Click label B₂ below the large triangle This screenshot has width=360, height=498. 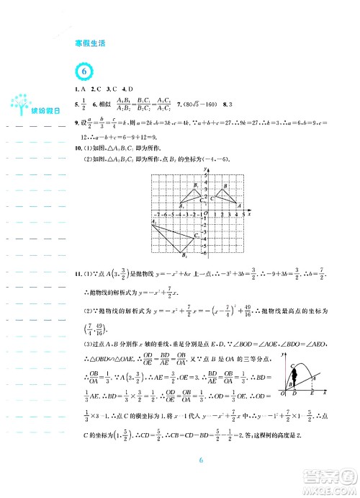[184, 254]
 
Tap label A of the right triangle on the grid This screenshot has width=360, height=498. [239, 207]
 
